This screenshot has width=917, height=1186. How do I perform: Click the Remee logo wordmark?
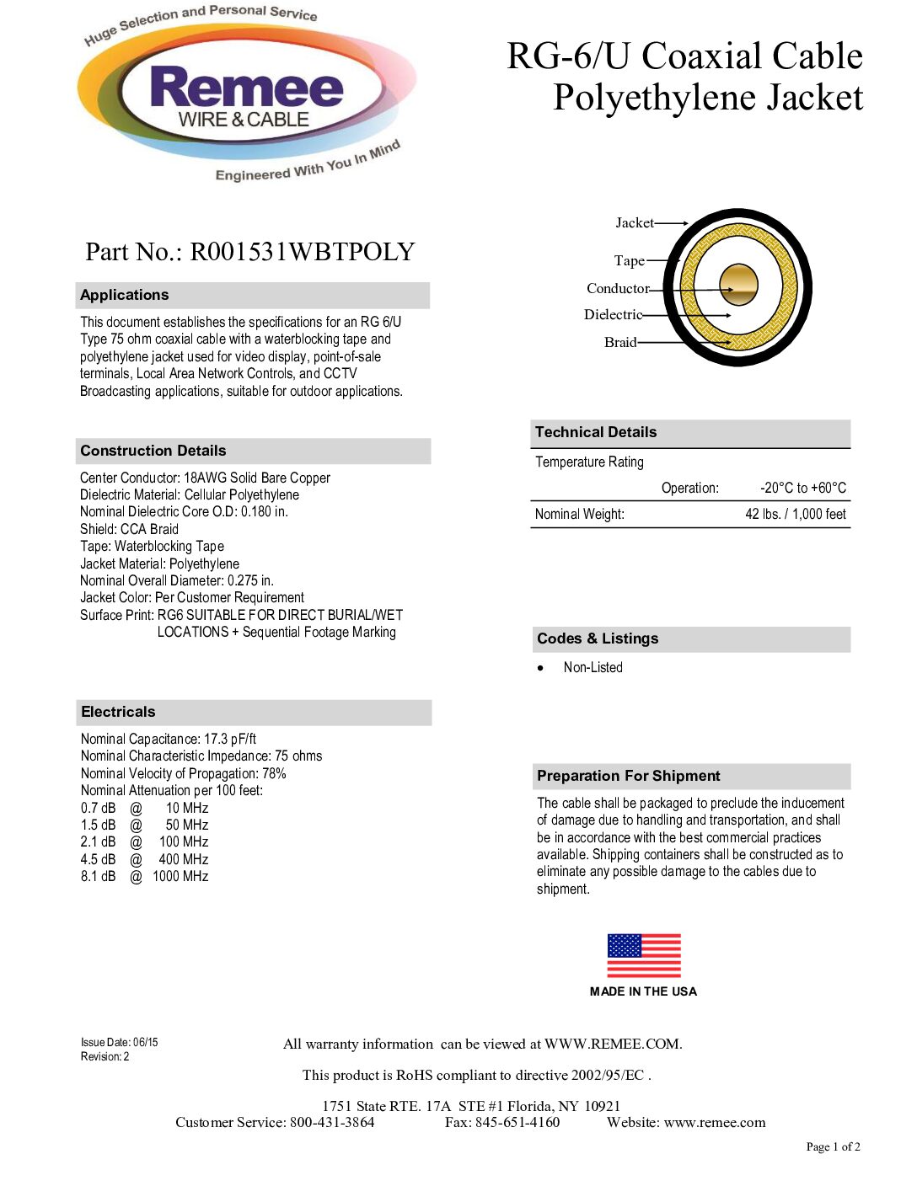(x=246, y=88)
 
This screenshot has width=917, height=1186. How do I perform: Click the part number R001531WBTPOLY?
(x=302, y=252)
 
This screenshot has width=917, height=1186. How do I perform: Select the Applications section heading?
(x=125, y=295)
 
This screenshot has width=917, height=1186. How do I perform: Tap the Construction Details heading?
(x=153, y=451)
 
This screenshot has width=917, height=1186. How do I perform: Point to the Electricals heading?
(x=118, y=712)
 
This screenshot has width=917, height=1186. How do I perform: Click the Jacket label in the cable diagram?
(x=634, y=223)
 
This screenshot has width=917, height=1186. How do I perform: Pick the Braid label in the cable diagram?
(x=620, y=342)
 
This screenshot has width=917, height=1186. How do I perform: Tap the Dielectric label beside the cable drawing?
(x=613, y=315)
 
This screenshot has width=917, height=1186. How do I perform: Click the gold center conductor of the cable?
(x=738, y=285)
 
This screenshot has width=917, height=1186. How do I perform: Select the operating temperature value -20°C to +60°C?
(x=802, y=488)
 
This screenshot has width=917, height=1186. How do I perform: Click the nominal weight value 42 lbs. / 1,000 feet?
(x=795, y=514)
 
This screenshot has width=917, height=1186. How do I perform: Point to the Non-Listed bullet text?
(x=593, y=667)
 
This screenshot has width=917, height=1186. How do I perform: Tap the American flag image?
(x=644, y=955)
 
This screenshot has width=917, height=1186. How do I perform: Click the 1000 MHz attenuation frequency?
(x=180, y=876)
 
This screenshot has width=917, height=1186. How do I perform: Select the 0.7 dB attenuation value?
(x=98, y=808)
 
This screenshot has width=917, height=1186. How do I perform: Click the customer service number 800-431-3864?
(x=332, y=1122)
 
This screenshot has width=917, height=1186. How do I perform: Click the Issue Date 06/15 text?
(x=119, y=1042)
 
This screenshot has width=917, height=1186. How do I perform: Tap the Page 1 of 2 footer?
(x=833, y=1146)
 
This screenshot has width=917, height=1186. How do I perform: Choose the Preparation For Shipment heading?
(x=628, y=776)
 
